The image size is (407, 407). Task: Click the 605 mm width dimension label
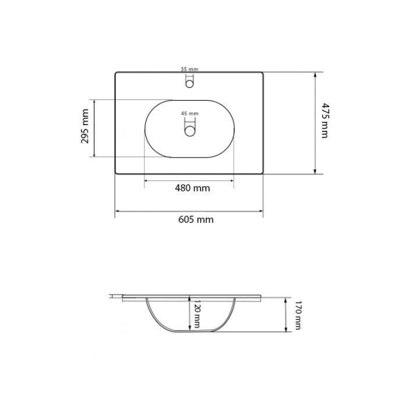coord(196,220)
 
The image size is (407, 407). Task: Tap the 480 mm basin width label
coord(192,188)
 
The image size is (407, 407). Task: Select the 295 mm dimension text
coord(85,126)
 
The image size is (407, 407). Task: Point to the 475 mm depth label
coord(324,120)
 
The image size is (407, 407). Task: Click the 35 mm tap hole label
coord(190,69)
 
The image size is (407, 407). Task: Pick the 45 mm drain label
coord(190,113)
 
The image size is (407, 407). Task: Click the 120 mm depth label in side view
coord(197,313)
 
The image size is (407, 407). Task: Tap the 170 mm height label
coord(298,315)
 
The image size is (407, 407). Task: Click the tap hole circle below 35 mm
coord(190,84)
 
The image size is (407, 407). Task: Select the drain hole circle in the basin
coord(190,131)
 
